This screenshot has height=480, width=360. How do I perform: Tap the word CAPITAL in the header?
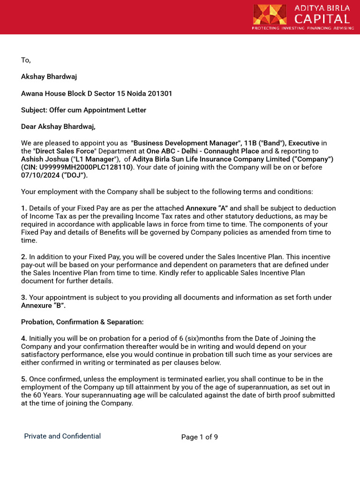pyautogui.click(x=322, y=19)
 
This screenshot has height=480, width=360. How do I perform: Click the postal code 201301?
pyautogui.click(x=160, y=93)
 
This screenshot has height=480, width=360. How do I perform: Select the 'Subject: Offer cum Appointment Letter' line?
pyautogui.click(x=83, y=110)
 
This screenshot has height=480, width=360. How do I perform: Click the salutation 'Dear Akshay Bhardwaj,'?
pyautogui.click(x=58, y=127)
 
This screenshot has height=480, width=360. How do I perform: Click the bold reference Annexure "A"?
pyautogui.click(x=207, y=208)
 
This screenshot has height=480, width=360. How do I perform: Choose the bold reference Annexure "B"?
pyautogui.click(x=43, y=306)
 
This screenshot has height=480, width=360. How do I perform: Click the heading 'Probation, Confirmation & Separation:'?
pyautogui.click(x=82, y=322)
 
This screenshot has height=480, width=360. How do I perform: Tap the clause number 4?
pyautogui.click(x=24, y=338)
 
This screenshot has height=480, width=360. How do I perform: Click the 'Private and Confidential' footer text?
pyautogui.click(x=62, y=436)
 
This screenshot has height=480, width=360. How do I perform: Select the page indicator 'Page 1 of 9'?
pyautogui.click(x=199, y=437)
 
